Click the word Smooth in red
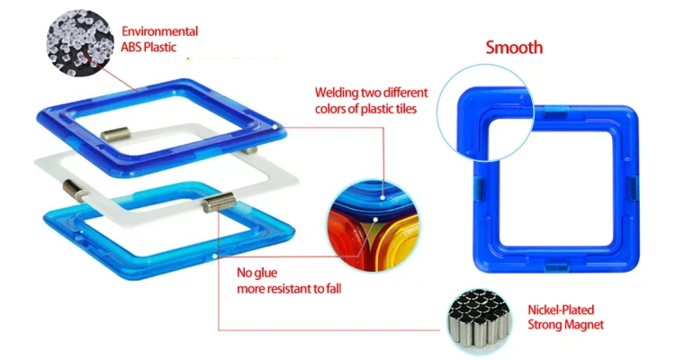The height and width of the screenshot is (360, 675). [x=514, y=48]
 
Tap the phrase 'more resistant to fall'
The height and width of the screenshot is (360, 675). [x=288, y=289]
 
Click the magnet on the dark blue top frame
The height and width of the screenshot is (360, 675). [x=113, y=136]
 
